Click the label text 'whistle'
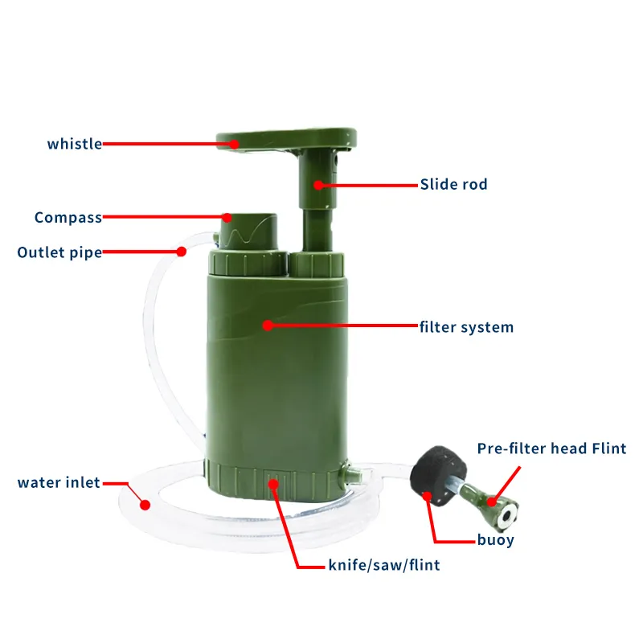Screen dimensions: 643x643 click(x=75, y=144)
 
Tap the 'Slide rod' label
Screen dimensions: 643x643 click(x=454, y=184)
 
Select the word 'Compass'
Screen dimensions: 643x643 click(x=68, y=217)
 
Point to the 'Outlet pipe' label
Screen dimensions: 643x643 click(x=59, y=252)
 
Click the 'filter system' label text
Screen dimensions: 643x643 click(x=467, y=327)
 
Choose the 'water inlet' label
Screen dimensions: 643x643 click(x=59, y=483)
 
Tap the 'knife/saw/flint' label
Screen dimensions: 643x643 click(x=384, y=565)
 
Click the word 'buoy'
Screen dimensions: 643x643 click(x=496, y=540)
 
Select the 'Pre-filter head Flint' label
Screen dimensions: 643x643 click(x=551, y=448)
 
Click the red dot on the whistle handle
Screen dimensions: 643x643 click(x=234, y=145)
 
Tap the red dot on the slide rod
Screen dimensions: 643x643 click(x=318, y=186)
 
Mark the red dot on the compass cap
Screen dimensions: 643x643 click(x=227, y=217)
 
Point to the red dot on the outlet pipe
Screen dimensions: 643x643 click(x=182, y=252)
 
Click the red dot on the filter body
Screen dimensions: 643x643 click(x=268, y=326)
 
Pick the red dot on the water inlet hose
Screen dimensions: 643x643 click(x=145, y=505)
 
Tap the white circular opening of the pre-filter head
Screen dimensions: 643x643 click(x=507, y=517)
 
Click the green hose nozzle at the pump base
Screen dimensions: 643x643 click(x=353, y=476)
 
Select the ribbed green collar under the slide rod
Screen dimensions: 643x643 click(x=316, y=264)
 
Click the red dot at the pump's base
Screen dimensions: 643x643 click(x=273, y=485)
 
